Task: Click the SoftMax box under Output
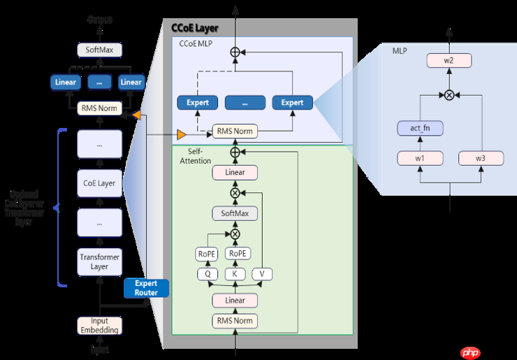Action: [99, 50]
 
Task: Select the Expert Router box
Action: [146, 288]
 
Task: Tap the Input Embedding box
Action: [99, 325]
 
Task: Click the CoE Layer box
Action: [99, 184]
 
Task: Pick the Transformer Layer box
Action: [99, 261]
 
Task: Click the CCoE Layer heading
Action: [195, 29]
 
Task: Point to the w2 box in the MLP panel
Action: [449, 62]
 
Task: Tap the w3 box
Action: [481, 159]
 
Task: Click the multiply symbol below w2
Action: [449, 94]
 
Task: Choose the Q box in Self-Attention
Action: [207, 275]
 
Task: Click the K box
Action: [235, 275]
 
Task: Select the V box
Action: [261, 275]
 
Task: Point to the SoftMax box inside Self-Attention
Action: [235, 213]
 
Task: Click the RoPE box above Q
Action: [207, 254]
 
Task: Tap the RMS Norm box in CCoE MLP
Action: [235, 131]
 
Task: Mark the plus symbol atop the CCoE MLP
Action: [235, 51]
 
